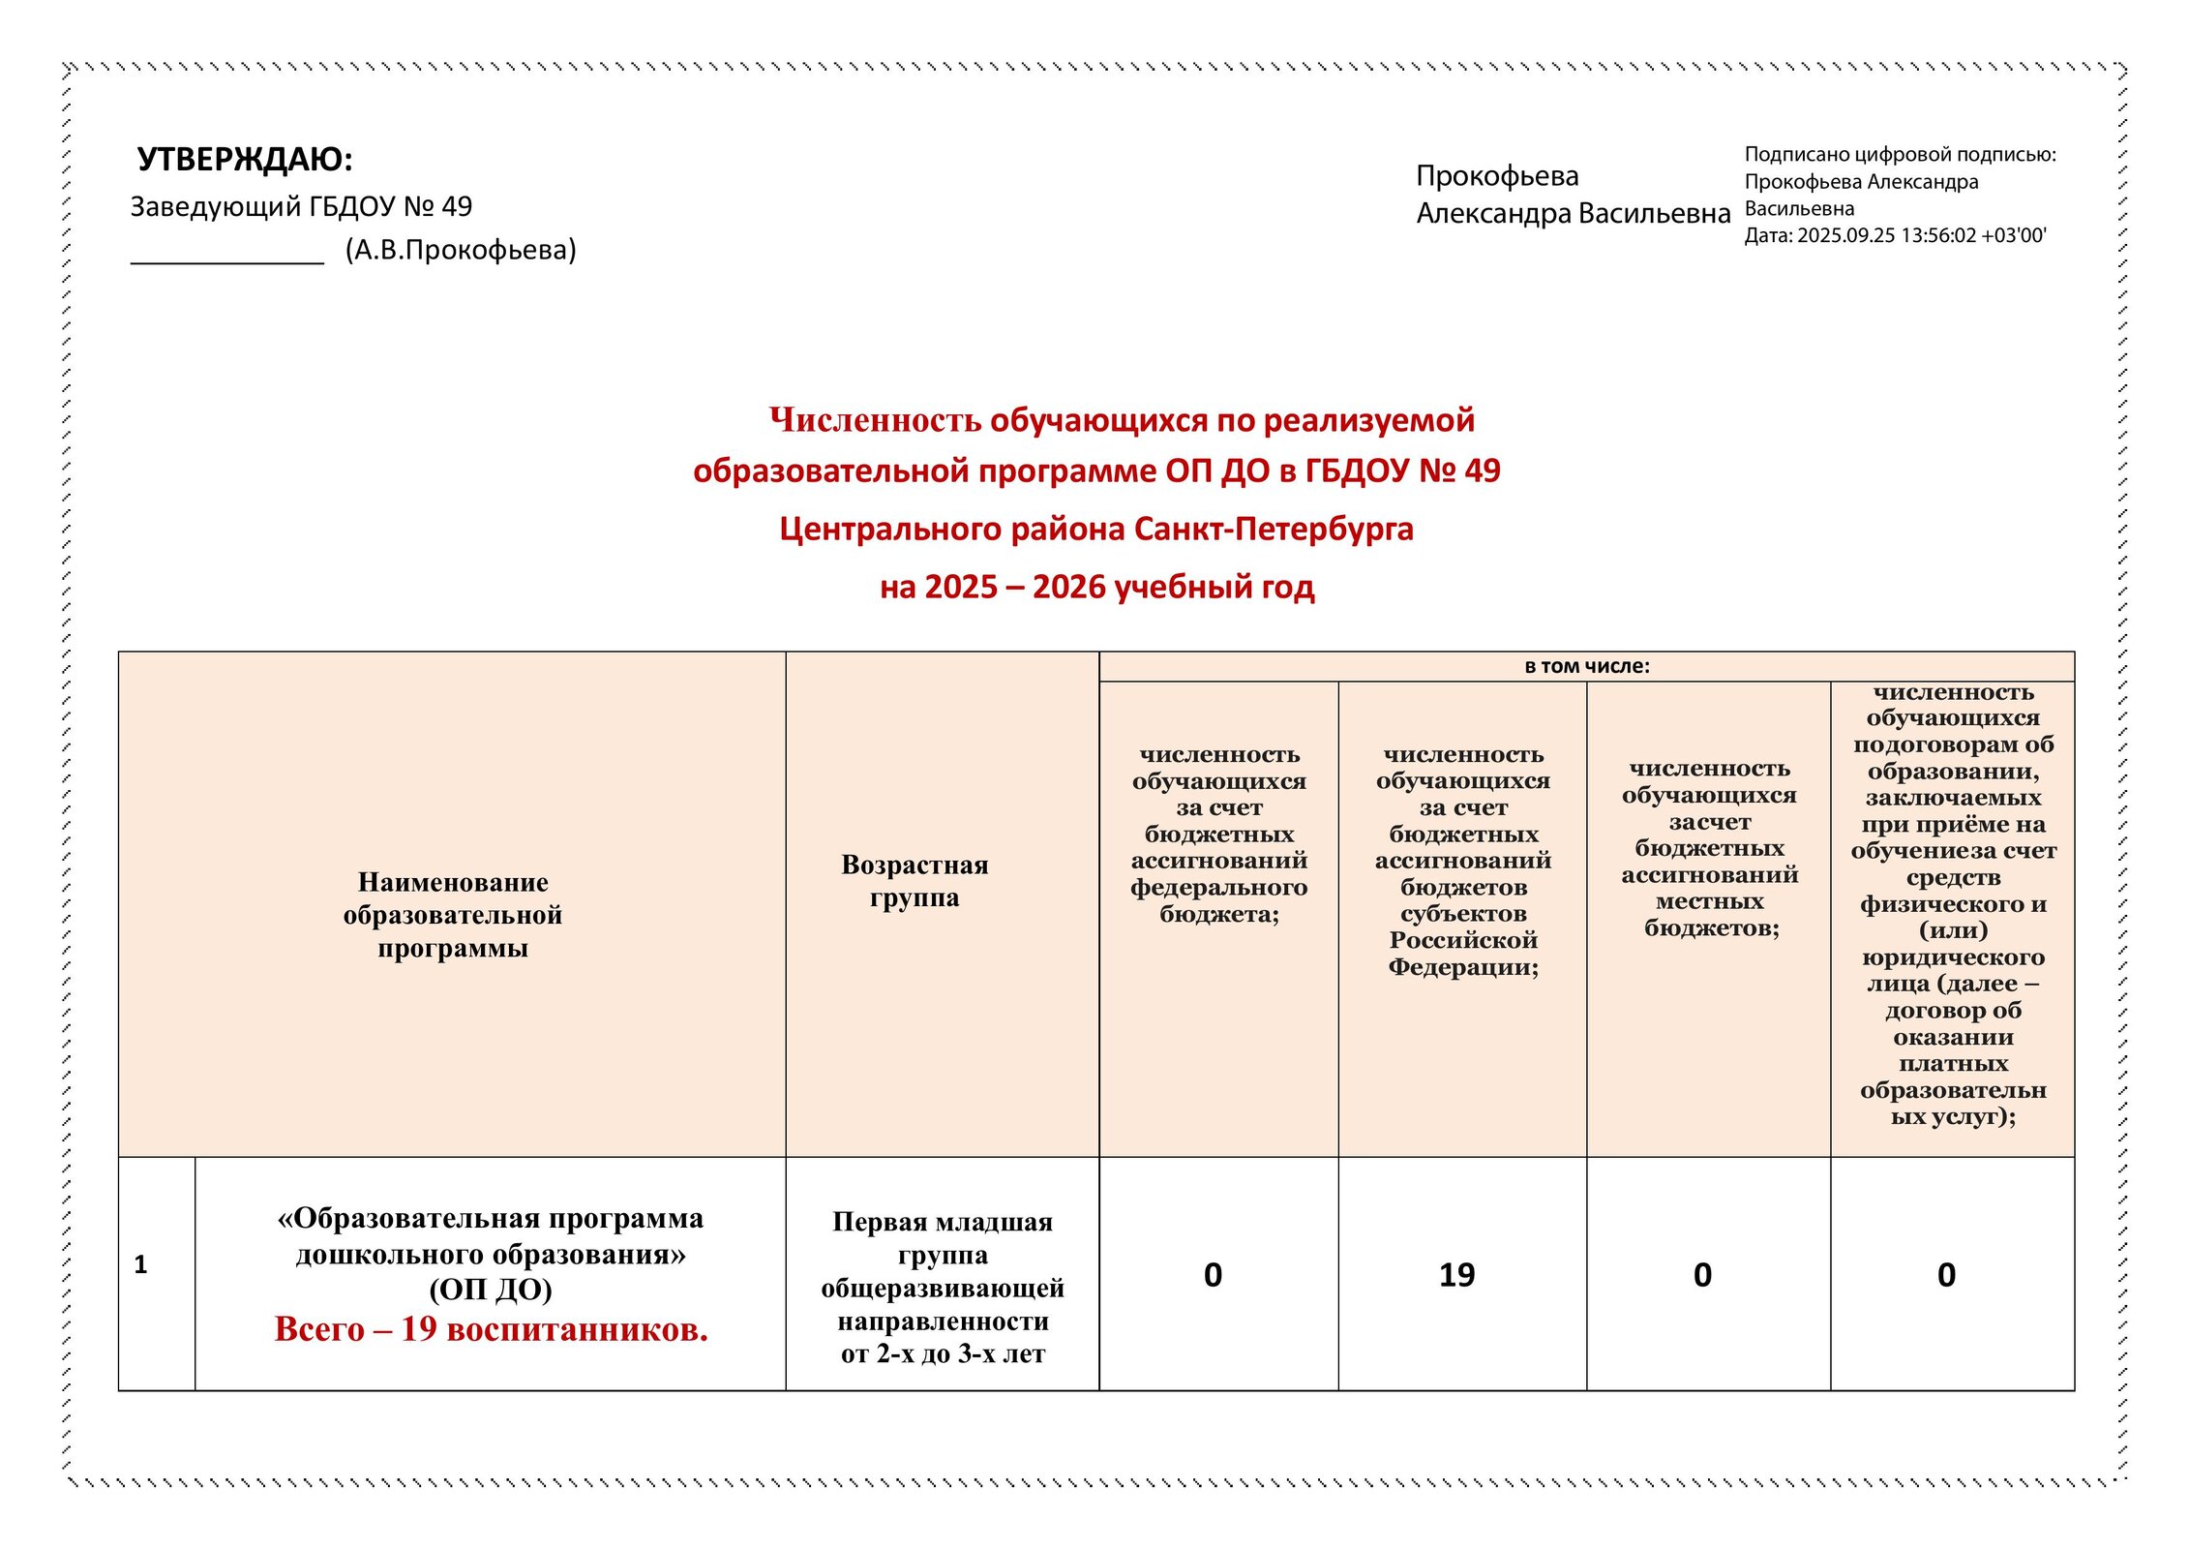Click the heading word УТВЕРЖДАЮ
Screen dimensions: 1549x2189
pos(244,159)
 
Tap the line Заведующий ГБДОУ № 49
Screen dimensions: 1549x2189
pos(301,206)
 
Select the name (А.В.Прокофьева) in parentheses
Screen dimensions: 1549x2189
pos(461,250)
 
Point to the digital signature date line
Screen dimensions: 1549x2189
pos(1895,235)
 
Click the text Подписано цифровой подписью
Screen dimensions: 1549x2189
pos(1900,154)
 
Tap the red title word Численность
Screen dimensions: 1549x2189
pos(875,420)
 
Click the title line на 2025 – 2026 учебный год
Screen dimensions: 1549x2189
pos(1096,587)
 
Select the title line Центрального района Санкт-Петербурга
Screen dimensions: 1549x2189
pos(1096,529)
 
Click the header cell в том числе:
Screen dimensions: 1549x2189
pos(1586,666)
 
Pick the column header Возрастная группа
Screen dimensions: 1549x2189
pos(915,880)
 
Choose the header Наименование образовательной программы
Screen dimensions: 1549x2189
pos(452,914)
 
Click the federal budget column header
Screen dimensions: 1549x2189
pos(1218,834)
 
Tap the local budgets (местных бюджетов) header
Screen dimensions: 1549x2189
pos(1709,847)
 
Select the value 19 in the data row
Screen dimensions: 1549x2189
pos(1456,1275)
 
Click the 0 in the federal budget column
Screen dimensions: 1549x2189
pos(1213,1275)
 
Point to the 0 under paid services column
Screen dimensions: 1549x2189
pos(1946,1275)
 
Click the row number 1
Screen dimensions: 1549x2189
pos(140,1264)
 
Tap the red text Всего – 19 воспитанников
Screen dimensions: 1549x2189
pos(491,1329)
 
